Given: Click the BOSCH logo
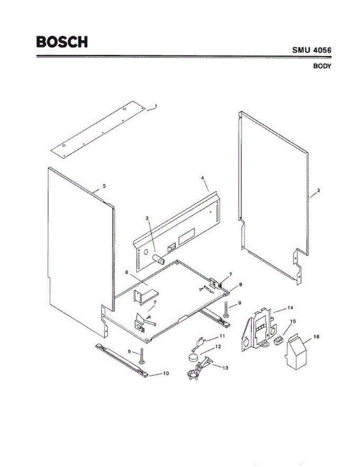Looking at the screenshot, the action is [62, 42].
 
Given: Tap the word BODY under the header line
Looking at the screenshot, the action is [322, 66].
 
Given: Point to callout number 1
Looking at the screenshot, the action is [156, 106].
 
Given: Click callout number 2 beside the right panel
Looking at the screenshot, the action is [318, 191].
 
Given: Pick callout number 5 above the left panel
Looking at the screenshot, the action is [104, 186].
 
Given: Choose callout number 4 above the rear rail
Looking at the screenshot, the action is [202, 177].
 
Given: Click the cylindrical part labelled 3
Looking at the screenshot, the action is [159, 258].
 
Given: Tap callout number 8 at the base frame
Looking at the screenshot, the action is [241, 284].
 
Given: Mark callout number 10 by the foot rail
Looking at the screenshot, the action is [165, 373].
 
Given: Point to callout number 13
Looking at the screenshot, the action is [225, 367].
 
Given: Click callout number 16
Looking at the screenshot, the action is [316, 336].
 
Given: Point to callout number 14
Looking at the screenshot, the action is [290, 307].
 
